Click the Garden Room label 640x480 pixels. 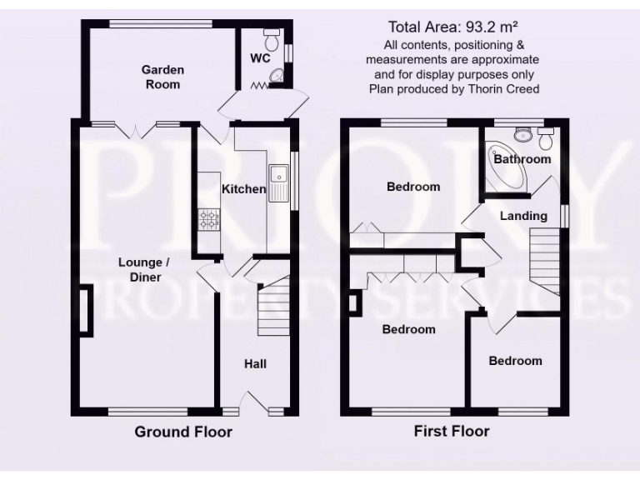162,77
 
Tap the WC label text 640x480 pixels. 260,59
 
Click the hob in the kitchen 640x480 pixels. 208,219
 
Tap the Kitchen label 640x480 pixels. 243,189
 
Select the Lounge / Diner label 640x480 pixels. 150,269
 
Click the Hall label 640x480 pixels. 255,364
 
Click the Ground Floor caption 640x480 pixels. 183,432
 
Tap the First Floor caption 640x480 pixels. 452,431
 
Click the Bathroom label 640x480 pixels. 522,158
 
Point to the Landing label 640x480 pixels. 523,216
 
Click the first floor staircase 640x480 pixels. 546,258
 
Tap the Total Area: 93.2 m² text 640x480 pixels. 452,26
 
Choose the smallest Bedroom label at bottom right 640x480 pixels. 515,361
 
